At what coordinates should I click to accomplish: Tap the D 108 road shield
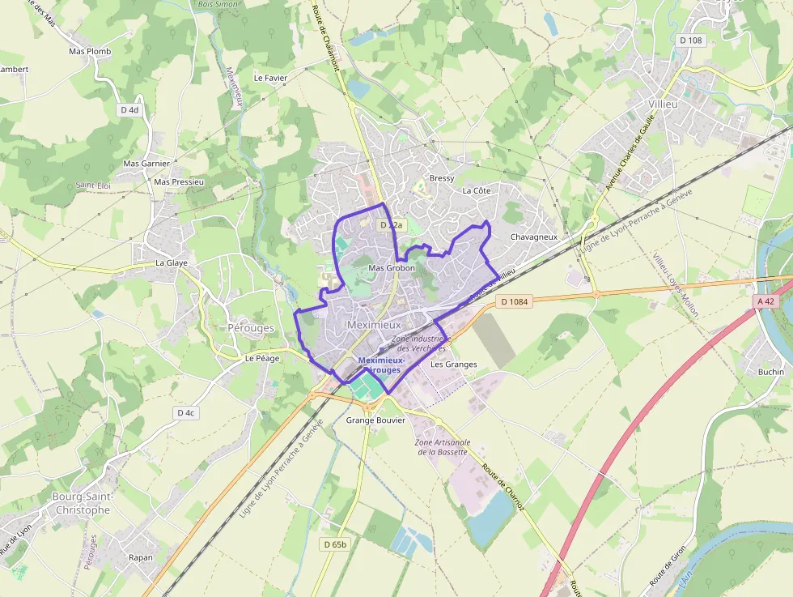point(691,41)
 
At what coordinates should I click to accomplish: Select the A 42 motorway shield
point(765,301)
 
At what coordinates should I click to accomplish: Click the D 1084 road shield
point(514,302)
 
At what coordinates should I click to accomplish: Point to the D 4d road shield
point(129,110)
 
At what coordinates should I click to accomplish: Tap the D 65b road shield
point(334,544)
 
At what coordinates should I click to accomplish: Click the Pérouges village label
point(252,328)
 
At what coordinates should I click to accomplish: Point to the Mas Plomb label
point(90,51)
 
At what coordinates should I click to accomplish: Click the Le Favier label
point(270,79)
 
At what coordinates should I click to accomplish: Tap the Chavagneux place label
point(535,237)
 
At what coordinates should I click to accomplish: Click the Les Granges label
point(453,365)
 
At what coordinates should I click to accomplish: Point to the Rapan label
point(141,557)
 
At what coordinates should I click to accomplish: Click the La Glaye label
point(172,263)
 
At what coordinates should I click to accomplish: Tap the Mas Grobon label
point(392,268)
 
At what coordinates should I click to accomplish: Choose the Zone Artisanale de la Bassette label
point(443,447)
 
